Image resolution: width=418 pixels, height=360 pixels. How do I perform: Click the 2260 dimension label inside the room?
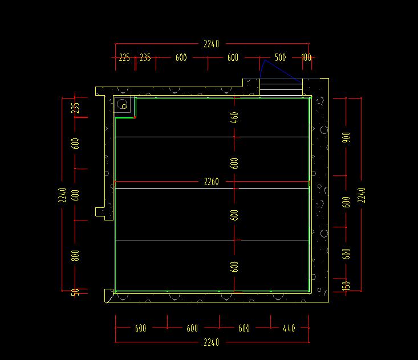[x=212, y=182]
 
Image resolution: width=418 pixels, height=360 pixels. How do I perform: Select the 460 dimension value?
[x=234, y=117]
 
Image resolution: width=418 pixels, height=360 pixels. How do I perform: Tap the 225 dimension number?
[x=124, y=58]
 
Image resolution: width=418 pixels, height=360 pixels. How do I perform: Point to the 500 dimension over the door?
[x=280, y=58]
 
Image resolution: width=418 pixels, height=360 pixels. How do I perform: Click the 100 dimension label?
[x=306, y=58]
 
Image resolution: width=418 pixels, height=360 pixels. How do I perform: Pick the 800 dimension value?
[x=75, y=256]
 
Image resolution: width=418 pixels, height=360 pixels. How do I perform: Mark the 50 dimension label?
[x=75, y=292]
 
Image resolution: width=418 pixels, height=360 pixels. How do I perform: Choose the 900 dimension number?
[x=346, y=137]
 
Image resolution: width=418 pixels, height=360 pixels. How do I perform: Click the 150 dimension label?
[x=346, y=285]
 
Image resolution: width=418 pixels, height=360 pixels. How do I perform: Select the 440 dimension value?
[x=289, y=328]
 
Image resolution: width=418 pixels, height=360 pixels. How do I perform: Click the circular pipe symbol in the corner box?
[x=122, y=104]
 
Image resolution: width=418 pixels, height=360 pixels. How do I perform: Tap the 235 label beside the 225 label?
[x=145, y=58]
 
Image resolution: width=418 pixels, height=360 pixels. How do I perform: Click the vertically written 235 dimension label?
[x=75, y=108]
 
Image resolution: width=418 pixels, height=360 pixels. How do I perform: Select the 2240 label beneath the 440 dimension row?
[x=212, y=342]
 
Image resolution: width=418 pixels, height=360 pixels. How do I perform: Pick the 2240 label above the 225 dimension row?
[x=212, y=44]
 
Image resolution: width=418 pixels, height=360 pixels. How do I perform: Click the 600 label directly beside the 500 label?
[x=233, y=58]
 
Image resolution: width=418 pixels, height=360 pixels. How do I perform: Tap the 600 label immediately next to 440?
[x=244, y=328]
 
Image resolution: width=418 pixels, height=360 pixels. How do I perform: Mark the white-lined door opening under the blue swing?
[x=281, y=87]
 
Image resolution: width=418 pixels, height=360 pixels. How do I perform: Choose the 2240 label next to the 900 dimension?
[x=362, y=195]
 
